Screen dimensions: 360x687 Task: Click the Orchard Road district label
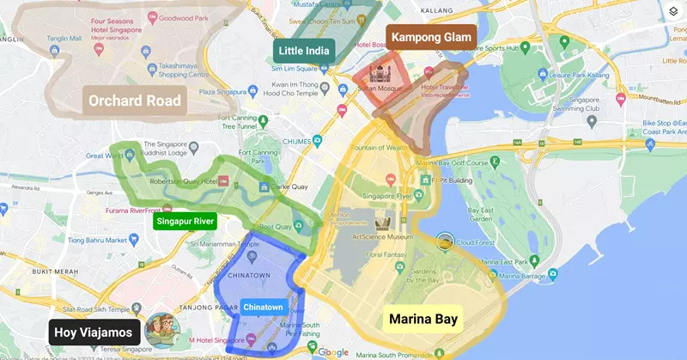pos(135,101)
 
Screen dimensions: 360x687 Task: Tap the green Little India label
pos(303,51)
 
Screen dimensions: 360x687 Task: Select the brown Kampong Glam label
pos(433,37)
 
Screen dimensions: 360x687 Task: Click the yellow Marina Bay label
pos(423,320)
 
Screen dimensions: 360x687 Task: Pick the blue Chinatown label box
pos(264,307)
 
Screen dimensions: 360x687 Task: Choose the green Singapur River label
pos(185,221)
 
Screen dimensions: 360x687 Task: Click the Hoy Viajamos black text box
pos(94,333)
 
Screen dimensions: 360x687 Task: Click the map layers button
pos(672,13)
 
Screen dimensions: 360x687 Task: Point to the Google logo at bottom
pos(333,352)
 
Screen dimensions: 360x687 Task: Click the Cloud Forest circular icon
pos(445,242)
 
